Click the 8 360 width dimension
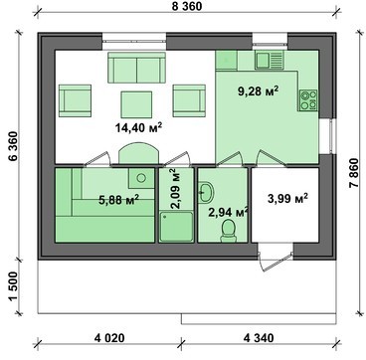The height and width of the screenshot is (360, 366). point(187,6)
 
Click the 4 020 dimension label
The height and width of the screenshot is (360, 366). point(109,338)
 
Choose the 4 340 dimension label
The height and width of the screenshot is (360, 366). point(259,338)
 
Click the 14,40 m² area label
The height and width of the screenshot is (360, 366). point(138,127)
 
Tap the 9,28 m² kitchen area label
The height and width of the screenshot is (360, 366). point(258,90)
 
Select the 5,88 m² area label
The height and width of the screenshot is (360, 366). point(118,200)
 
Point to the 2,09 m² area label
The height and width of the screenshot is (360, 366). point(176,189)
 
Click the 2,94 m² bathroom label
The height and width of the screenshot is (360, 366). point(229,212)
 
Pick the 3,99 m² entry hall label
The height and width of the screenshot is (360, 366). point(287,199)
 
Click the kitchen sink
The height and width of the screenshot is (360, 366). point(270,60)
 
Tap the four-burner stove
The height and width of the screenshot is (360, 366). point(308,100)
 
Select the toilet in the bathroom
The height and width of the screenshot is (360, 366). point(228,231)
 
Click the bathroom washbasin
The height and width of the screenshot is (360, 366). point(206,192)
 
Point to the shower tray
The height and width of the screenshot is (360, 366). point(176,226)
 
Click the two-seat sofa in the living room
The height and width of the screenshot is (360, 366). point(136,68)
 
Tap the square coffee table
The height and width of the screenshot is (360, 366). point(136,104)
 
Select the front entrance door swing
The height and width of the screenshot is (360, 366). point(274,262)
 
